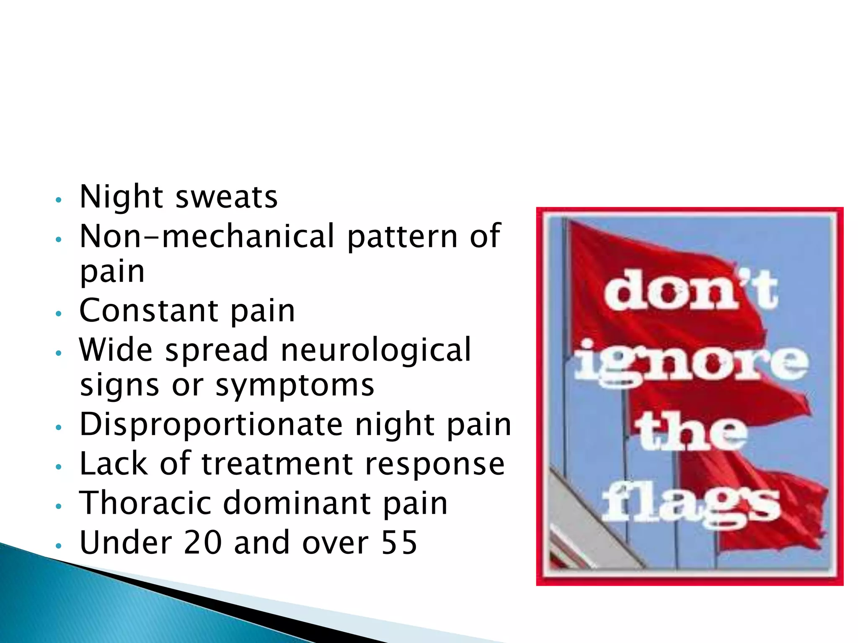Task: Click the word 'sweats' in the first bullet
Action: (x=226, y=197)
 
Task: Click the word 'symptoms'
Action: (x=295, y=386)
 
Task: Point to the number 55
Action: (x=399, y=543)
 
